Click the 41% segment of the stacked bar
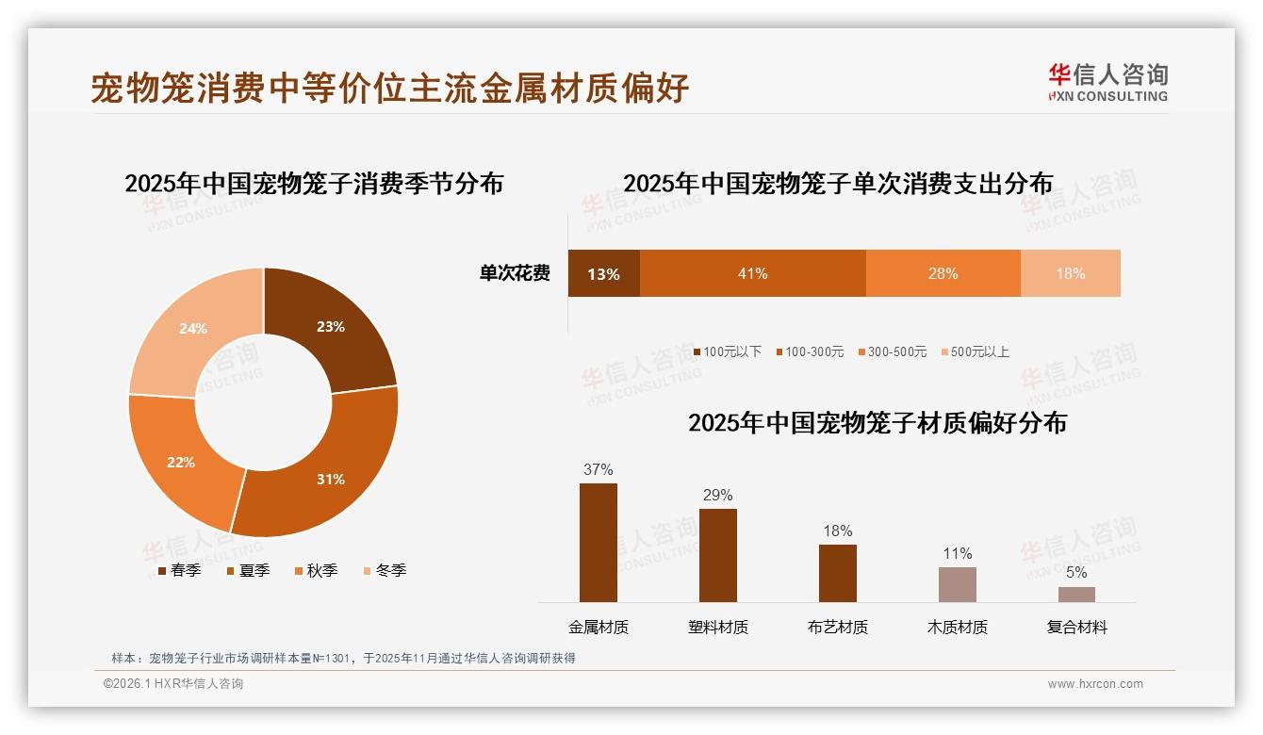point(752,273)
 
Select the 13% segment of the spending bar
point(603,274)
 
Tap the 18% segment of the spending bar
point(1070,273)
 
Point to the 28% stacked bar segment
point(943,273)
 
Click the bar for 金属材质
point(598,543)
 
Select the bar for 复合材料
point(1076,595)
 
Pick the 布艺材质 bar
point(837,573)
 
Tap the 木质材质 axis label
point(958,628)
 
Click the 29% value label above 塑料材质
point(717,495)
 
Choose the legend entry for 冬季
point(385,570)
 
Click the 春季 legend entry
point(179,570)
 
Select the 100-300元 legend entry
point(810,351)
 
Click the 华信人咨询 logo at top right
point(1107,82)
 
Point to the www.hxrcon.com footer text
point(1095,684)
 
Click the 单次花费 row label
point(515,273)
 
